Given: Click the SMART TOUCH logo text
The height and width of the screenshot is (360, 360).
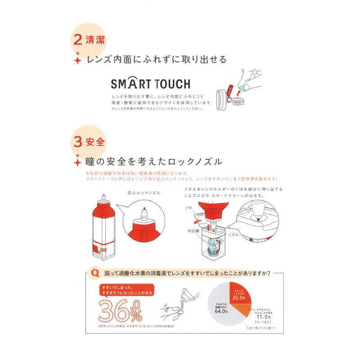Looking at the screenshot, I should tap(150, 84).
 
